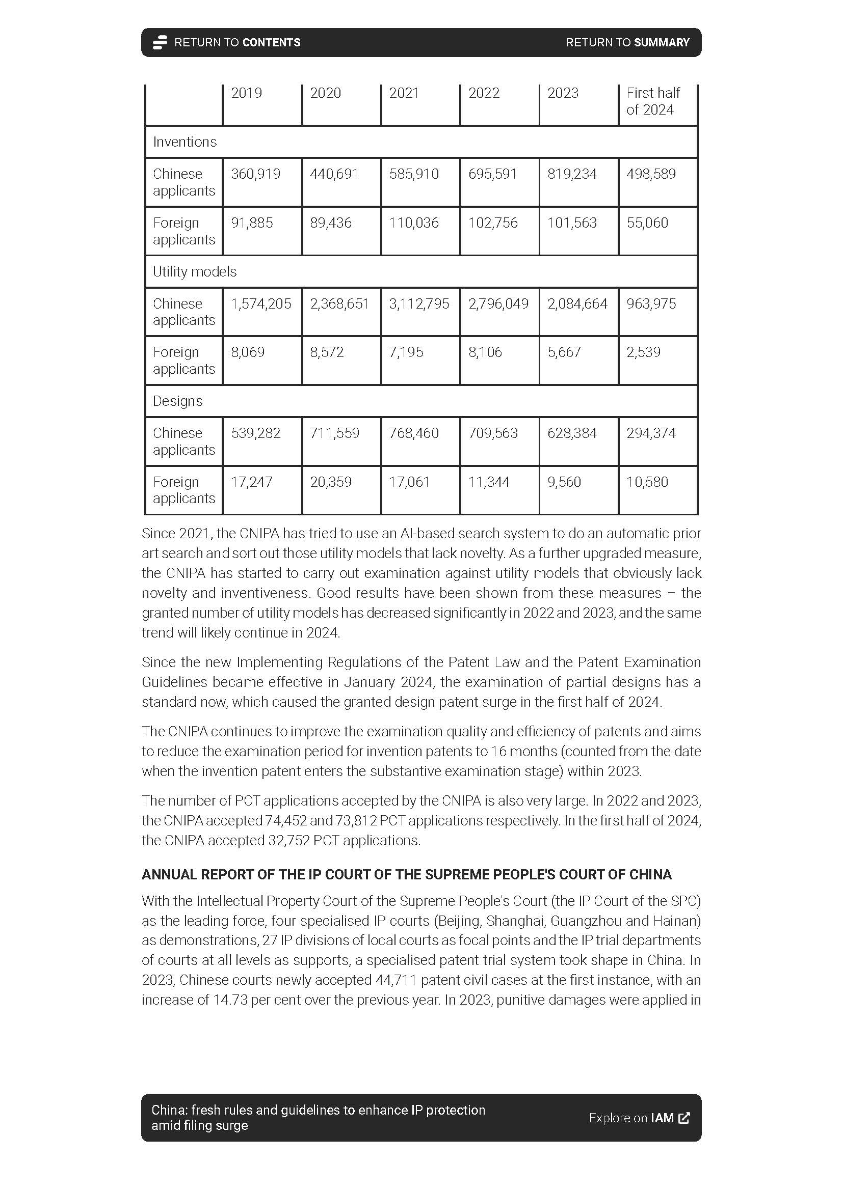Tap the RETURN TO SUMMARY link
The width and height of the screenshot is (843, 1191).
[x=627, y=43]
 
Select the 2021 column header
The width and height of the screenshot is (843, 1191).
[x=404, y=93]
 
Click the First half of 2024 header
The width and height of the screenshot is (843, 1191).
[x=652, y=101]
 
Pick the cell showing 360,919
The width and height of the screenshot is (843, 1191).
[x=255, y=174]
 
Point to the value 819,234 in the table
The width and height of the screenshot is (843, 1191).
[x=571, y=174]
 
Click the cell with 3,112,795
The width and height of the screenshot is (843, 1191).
[x=419, y=303]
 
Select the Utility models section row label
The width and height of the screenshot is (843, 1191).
[x=194, y=272]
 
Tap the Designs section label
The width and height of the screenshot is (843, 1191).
[x=177, y=401]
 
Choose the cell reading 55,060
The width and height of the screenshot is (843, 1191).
[x=647, y=223]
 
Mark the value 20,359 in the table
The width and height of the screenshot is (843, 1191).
[x=331, y=482]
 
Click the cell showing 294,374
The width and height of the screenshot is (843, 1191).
[x=651, y=433]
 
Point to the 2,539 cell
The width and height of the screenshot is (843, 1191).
[x=643, y=352]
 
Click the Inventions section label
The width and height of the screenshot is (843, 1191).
[x=185, y=142]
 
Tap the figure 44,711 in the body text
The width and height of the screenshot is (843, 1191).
[x=394, y=980]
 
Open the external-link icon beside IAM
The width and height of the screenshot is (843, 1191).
[x=684, y=1118]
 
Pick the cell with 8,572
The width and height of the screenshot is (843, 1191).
[x=327, y=352]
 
